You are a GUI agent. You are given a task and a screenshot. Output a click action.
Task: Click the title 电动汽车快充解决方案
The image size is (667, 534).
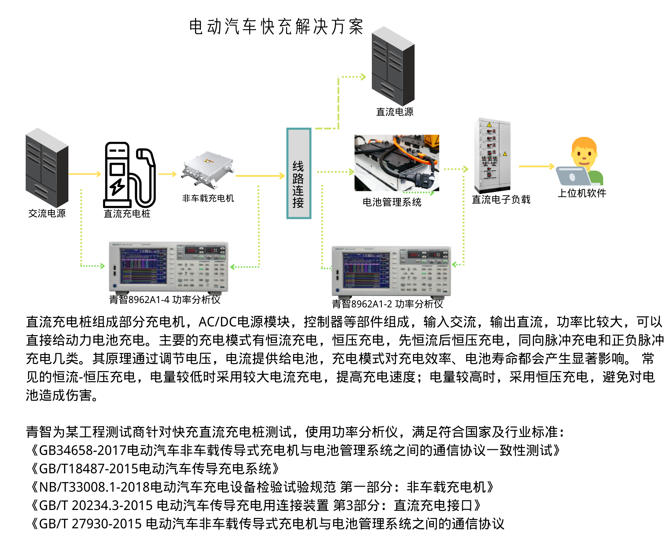pos(276,27)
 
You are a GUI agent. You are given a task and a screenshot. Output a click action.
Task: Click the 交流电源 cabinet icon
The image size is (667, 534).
pos(47,168)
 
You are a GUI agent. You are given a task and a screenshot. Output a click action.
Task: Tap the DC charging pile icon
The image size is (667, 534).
pos(129,175)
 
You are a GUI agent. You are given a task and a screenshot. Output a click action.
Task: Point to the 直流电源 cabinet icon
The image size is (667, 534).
pos(393,66)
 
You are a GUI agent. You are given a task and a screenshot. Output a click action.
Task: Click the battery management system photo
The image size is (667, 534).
pos(397,163)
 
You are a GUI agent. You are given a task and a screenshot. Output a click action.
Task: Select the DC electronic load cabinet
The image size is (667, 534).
pos(492,155)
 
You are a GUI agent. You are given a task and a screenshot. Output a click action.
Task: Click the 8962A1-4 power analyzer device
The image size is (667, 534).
pos(168,267)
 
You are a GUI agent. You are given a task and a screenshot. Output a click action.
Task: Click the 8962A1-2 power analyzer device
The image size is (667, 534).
pos(391,271)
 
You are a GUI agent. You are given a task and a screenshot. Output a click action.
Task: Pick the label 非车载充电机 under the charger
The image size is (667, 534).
pos(208,198)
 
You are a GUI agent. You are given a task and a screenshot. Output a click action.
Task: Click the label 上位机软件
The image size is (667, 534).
pos(582,193)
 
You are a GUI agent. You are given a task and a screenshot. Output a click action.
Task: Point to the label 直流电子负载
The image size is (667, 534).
pos(501,200)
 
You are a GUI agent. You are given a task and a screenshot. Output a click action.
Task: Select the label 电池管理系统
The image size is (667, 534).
pos(392,202)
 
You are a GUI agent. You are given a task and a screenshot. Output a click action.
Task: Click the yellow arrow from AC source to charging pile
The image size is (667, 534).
pos(85,174)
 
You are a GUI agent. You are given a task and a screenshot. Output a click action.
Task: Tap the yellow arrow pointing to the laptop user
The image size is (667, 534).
pos(536,166)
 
